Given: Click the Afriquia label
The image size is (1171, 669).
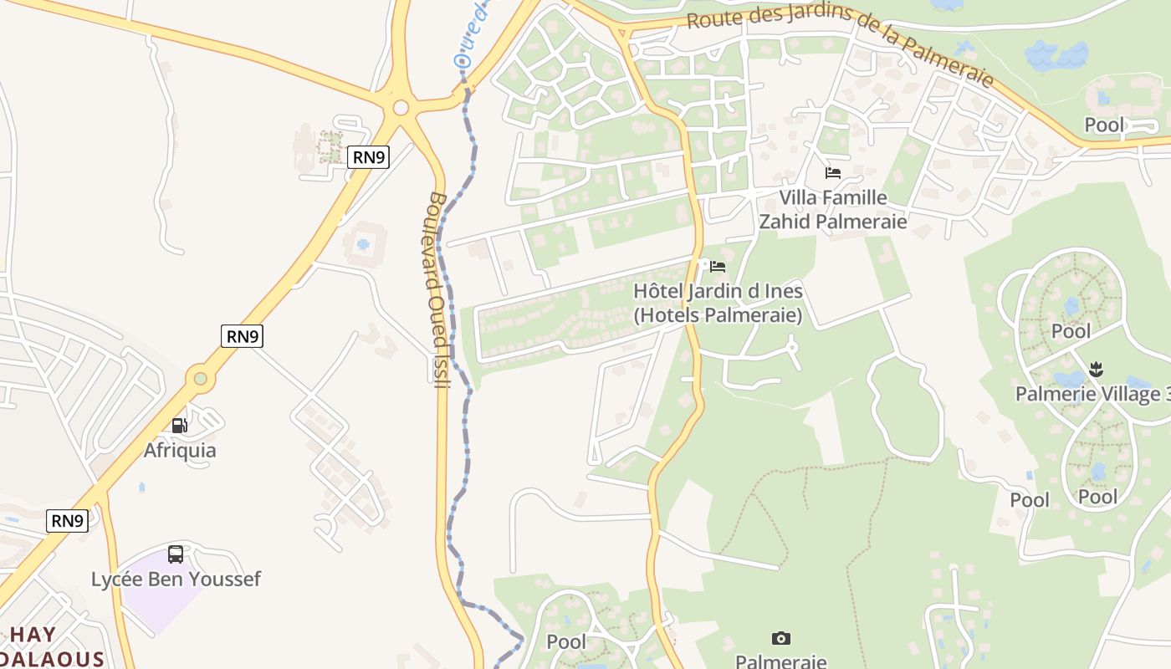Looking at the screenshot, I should pos(180,451).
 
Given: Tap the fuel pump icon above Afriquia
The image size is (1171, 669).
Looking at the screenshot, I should pos(179,426).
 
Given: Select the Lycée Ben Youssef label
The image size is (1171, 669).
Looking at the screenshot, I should pos(176,579).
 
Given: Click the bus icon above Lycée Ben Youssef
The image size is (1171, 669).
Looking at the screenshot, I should pos(176,554).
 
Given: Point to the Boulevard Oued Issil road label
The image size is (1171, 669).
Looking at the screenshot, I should pos(437,289).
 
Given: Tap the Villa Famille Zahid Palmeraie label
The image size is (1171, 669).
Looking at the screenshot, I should pos(832,209).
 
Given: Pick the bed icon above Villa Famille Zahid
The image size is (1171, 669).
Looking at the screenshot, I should pos(833,173).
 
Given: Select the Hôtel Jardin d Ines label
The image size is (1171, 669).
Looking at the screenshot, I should pos(718,292).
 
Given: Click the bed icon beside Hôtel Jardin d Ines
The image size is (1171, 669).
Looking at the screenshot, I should pos(718,267).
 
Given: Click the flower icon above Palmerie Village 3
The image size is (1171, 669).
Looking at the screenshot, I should pos(1097,368).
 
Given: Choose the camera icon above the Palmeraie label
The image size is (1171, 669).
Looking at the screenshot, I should pos(780,639).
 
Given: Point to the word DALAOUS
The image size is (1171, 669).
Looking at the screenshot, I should pos(52,658).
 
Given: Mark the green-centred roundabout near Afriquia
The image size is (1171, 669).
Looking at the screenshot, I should pos(200,379).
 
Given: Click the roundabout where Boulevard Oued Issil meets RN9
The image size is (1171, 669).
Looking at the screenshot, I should pos(401,107).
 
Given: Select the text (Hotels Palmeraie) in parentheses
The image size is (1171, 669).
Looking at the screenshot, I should pos(718,315).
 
